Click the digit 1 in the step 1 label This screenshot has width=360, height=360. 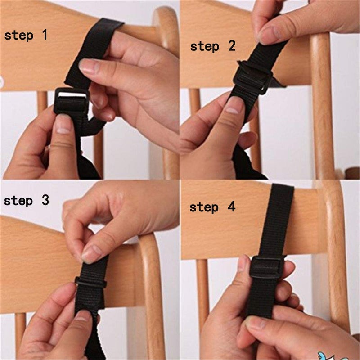coord(45,35)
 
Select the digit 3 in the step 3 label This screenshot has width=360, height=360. coord(45,200)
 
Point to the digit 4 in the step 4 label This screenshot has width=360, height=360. coord(231,207)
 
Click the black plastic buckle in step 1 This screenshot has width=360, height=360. coord(72,101)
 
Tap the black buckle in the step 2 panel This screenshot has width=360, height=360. coord(253,77)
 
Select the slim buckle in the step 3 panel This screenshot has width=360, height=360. coord(90,282)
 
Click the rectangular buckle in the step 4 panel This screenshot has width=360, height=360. coord(267,267)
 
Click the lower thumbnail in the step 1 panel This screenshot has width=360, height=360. coord(63,124)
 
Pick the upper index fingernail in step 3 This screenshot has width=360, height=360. coord(90,254)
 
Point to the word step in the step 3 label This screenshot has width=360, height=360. coord(18,201)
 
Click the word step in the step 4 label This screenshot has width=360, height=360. coord(204,207)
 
